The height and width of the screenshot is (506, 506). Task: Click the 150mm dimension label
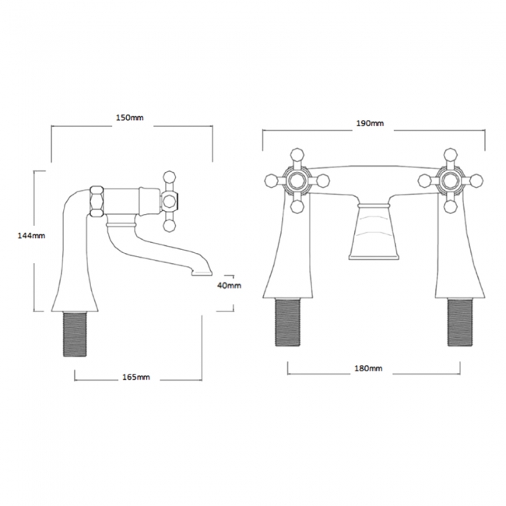(130, 118)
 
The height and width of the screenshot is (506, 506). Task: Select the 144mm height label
(31, 236)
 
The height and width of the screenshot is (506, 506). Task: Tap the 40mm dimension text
(229, 285)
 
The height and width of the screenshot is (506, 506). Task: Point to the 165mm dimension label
(136, 377)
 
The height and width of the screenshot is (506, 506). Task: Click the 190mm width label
(370, 123)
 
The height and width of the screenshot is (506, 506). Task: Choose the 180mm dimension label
(368, 368)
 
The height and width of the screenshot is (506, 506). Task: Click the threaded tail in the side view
(75, 334)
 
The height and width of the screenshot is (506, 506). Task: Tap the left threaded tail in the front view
(287, 322)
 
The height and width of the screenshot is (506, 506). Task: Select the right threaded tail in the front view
(460, 322)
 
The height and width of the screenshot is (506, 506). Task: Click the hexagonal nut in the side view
(97, 201)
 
